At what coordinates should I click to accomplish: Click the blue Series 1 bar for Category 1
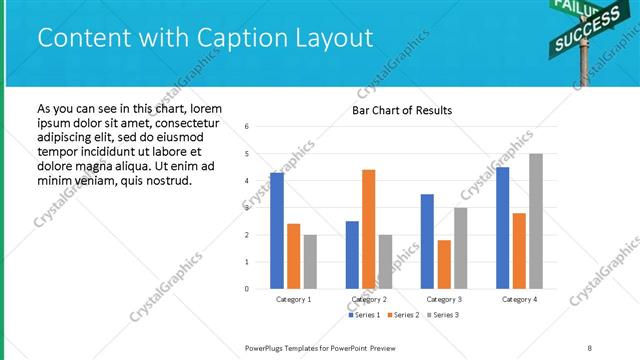[277, 231]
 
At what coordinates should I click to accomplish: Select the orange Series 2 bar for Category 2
[368, 229]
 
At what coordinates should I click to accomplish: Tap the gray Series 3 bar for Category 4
[536, 221]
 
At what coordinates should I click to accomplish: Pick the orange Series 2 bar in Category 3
[444, 264]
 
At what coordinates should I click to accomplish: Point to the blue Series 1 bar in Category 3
[427, 241]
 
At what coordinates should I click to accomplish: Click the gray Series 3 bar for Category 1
[310, 261]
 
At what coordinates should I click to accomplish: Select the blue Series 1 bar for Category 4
[502, 228]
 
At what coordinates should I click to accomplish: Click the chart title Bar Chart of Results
[402, 110]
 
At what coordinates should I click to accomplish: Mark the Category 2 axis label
[369, 299]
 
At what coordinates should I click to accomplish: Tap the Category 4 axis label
[519, 299]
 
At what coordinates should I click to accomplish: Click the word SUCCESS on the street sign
[576, 37]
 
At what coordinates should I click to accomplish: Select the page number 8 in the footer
[590, 347]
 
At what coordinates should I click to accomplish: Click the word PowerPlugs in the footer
[265, 347]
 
